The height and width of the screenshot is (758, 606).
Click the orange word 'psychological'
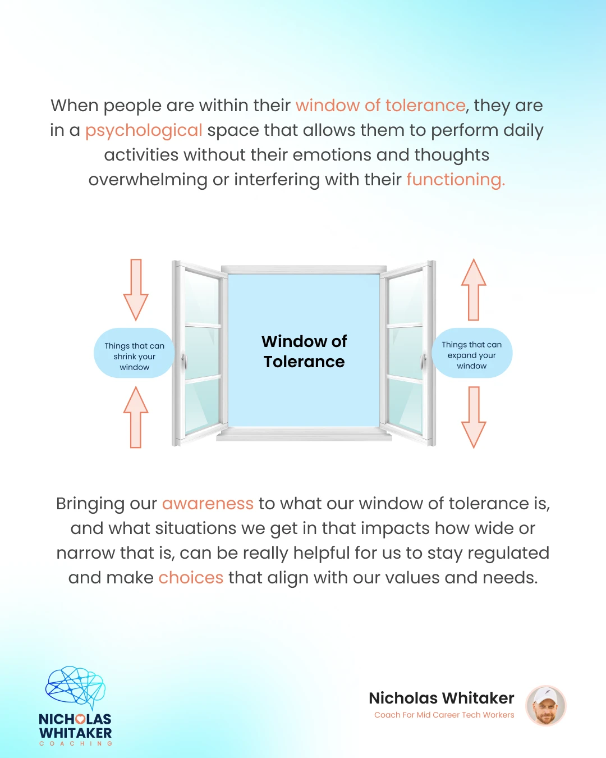[144, 131]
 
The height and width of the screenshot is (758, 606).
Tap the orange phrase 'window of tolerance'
[380, 106]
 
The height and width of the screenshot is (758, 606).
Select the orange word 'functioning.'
[456, 180]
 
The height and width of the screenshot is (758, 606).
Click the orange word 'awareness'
[208, 504]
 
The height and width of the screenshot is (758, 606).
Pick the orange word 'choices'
[191, 578]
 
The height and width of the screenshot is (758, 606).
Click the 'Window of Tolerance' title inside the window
[304, 351]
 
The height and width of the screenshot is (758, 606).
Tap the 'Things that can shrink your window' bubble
[134, 353]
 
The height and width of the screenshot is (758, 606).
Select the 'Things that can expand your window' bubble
[472, 353]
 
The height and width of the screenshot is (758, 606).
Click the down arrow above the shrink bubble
[136, 290]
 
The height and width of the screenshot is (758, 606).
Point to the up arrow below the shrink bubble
[136, 417]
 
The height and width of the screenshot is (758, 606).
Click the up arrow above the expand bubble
[474, 290]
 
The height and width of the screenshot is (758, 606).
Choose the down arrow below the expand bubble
[474, 417]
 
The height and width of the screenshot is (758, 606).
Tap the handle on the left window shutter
[184, 360]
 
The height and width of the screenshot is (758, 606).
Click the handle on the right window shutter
[424, 360]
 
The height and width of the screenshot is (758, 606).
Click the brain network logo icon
[75, 687]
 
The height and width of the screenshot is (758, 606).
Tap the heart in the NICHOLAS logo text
[80, 719]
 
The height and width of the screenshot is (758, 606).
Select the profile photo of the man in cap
[546, 706]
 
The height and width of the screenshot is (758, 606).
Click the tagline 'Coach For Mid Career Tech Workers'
[444, 715]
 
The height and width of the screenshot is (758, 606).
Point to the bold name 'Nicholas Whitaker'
[442, 698]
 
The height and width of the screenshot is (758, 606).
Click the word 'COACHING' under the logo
[76, 743]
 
